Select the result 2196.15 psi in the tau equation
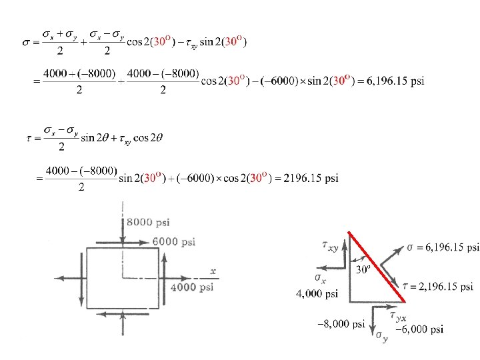(x=311, y=178)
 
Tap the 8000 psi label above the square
(x=148, y=222)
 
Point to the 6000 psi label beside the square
(x=174, y=242)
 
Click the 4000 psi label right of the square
(x=192, y=287)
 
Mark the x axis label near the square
(x=213, y=271)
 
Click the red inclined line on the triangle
(x=377, y=267)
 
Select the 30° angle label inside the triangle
(x=363, y=269)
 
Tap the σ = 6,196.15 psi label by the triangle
(x=443, y=247)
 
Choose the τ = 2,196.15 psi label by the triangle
(x=438, y=287)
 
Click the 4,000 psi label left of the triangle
(x=317, y=293)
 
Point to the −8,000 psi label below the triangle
(x=341, y=324)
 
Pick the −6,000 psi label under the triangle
(x=419, y=329)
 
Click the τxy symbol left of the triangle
(x=330, y=246)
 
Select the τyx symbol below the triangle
(x=398, y=316)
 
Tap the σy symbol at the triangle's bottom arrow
(x=382, y=337)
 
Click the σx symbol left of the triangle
(x=320, y=279)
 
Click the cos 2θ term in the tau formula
(x=148, y=138)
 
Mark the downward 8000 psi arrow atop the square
(x=123, y=231)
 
